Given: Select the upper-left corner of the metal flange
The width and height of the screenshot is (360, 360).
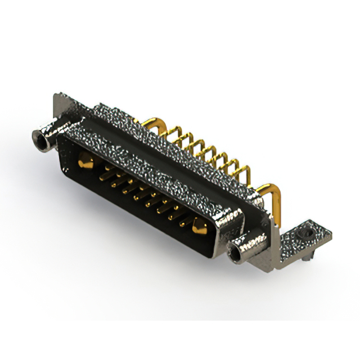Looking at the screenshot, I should coord(56,97).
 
